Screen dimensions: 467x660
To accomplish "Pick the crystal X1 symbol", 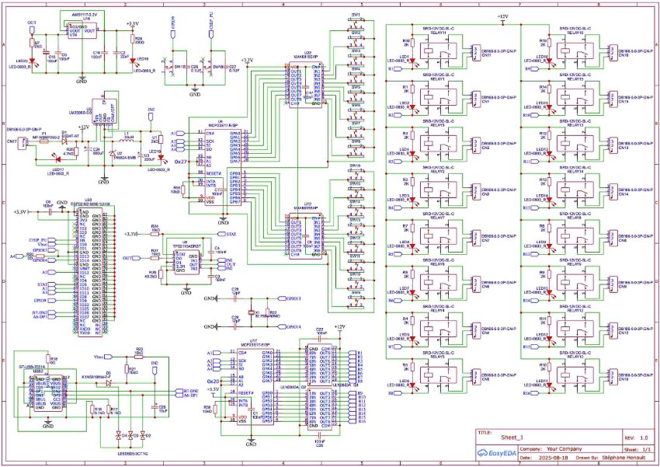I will coord(251,313).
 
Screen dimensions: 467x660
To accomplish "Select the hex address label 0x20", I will coord(213,382).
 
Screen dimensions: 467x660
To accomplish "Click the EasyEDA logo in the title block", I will coord(495,450).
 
